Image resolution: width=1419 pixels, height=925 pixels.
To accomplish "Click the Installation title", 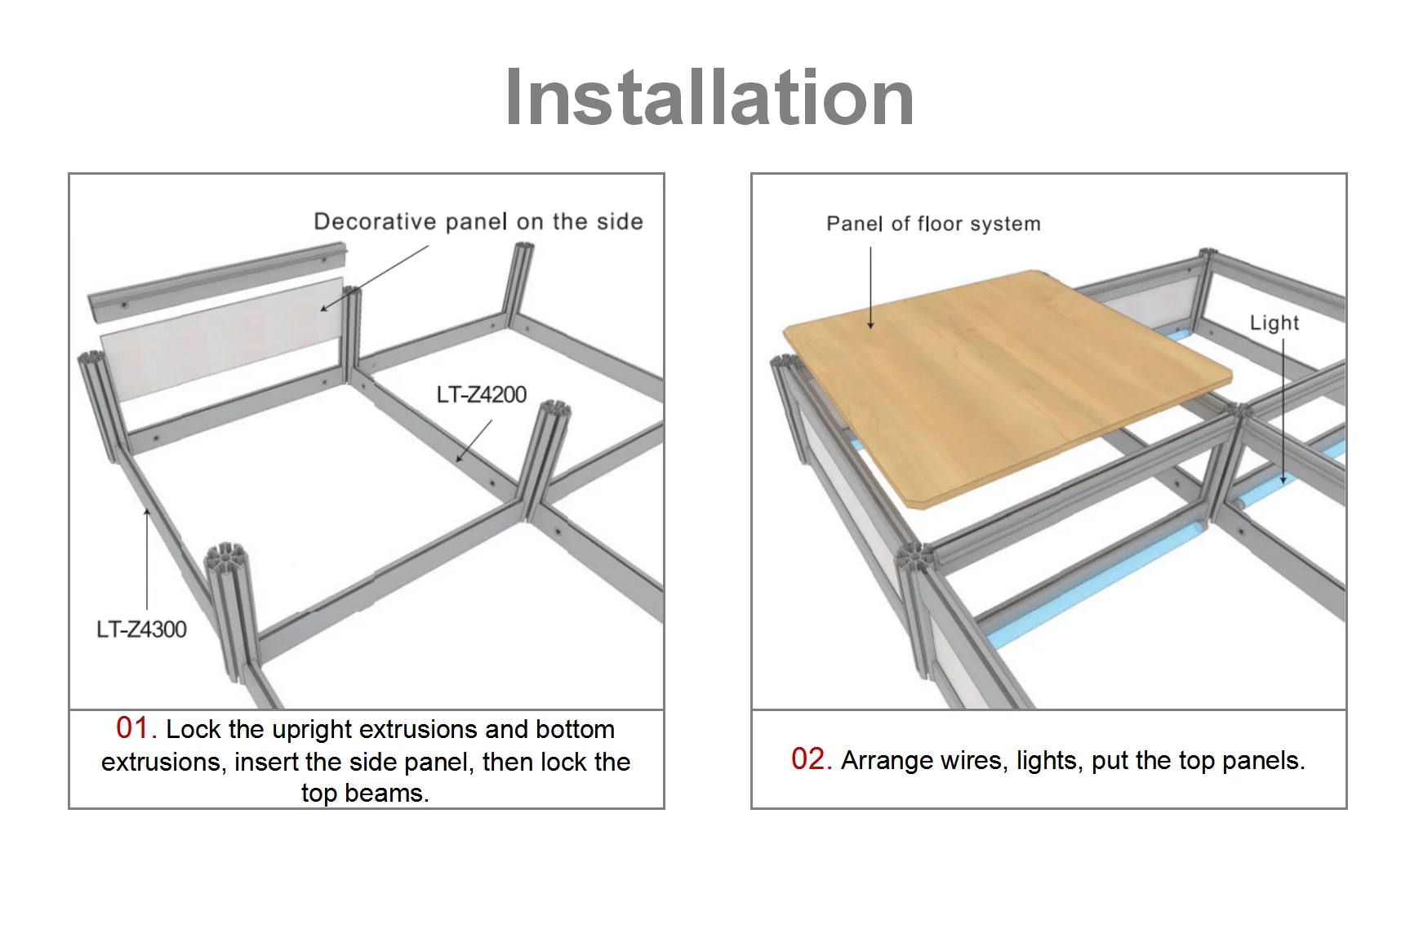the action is [709, 98].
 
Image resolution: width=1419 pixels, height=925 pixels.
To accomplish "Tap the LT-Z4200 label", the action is [481, 395].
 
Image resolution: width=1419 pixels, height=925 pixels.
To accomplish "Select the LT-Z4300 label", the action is [141, 629].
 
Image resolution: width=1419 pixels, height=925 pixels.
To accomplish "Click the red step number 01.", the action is [136, 727].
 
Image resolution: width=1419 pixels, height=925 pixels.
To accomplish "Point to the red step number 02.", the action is [811, 759].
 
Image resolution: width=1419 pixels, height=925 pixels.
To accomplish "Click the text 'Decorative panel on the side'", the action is [478, 222].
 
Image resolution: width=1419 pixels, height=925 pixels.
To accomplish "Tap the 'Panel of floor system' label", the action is [933, 224].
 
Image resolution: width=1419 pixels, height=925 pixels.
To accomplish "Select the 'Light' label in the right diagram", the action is [1274, 322].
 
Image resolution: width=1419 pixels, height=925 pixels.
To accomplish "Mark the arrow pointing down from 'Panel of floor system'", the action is [870, 288].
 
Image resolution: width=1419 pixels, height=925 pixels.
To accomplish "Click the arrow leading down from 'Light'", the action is [1283, 411].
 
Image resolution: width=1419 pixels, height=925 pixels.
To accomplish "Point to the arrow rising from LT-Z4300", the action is [147, 558].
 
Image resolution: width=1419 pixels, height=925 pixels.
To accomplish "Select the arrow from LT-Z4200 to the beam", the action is [474, 441].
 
